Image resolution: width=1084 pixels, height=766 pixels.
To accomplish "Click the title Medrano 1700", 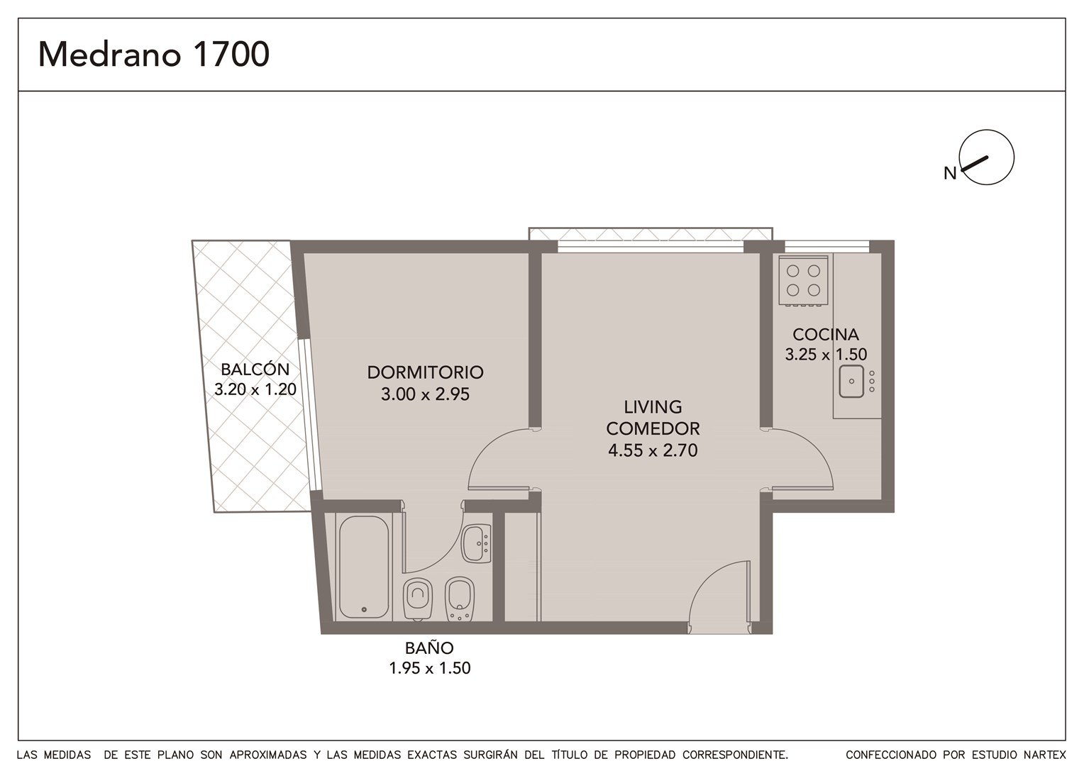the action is pyautogui.click(x=153, y=54).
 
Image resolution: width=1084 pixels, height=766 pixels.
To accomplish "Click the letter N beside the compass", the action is pyautogui.click(x=950, y=173).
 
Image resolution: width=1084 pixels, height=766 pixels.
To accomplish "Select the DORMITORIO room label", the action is pyautogui.click(x=426, y=372).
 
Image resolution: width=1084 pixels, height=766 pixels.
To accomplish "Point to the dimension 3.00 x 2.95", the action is pyautogui.click(x=425, y=394).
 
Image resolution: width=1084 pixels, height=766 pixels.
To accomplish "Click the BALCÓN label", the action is pyautogui.click(x=255, y=369).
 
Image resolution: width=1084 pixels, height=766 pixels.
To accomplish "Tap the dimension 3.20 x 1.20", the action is pyautogui.click(x=255, y=389).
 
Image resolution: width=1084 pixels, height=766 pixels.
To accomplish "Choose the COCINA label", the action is pyautogui.click(x=826, y=334).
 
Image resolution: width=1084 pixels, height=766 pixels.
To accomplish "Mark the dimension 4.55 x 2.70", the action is pyautogui.click(x=653, y=450).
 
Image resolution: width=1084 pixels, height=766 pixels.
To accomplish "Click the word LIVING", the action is pyautogui.click(x=653, y=407).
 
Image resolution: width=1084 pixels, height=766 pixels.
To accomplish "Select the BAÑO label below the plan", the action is pyautogui.click(x=429, y=648).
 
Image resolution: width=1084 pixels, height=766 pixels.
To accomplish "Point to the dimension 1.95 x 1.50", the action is pyautogui.click(x=430, y=668).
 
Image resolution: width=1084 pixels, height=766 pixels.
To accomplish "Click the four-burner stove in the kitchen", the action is pyautogui.click(x=803, y=281).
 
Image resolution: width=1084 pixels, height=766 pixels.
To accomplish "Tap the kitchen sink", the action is pyautogui.click(x=851, y=382).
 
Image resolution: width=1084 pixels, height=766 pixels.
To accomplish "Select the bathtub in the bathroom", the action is pyautogui.click(x=364, y=567).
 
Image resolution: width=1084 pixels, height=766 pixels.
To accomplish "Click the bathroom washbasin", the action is pyautogui.click(x=476, y=543).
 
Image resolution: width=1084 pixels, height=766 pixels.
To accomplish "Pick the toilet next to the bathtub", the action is pyautogui.click(x=418, y=599).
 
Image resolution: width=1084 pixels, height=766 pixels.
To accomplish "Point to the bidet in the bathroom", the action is pyautogui.click(x=460, y=599).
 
